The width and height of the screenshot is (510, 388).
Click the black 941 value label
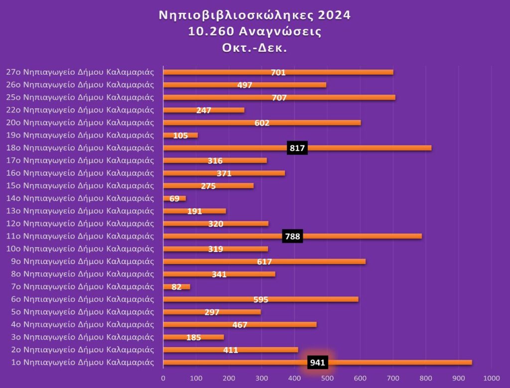click(x=317, y=363)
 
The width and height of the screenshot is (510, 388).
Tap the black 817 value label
click(x=297, y=148)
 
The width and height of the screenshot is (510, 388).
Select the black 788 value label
click(x=292, y=237)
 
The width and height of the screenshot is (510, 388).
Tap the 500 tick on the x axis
click(x=327, y=377)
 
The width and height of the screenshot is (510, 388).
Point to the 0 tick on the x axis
click(x=163, y=377)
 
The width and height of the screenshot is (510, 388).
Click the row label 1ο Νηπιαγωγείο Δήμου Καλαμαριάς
click(x=83, y=362)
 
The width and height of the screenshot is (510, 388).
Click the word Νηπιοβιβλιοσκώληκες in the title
click(x=233, y=15)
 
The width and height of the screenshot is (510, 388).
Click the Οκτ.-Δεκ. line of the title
click(x=255, y=49)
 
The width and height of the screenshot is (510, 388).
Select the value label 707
click(x=279, y=98)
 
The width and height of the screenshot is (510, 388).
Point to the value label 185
click(x=193, y=338)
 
